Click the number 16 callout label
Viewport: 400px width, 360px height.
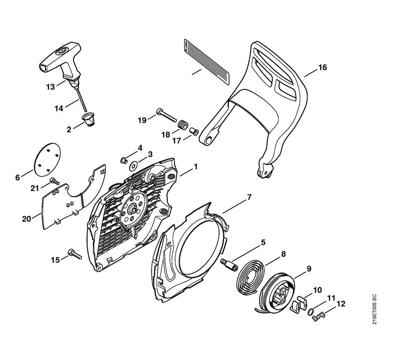322,68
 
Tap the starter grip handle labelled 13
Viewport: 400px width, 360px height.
60,60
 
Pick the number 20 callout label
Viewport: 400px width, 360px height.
27,219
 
